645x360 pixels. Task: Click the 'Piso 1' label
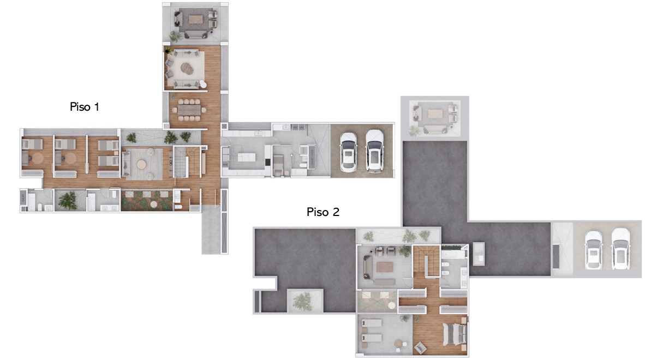tap(85, 107)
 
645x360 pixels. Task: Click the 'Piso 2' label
tap(323, 212)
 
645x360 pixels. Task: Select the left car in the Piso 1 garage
tap(348, 152)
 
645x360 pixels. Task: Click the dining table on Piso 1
tap(189, 110)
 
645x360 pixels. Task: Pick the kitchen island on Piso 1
tap(247, 157)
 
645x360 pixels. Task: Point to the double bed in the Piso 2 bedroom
tap(454, 334)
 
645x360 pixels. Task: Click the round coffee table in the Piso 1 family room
tap(142, 164)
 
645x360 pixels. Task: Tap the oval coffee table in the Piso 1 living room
tap(187, 68)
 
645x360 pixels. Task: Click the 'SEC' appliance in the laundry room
tap(295, 128)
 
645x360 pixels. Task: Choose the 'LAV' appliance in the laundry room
tap(302, 128)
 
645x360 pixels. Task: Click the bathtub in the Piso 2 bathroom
tap(452, 255)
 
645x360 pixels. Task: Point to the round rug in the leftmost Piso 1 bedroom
tap(38, 158)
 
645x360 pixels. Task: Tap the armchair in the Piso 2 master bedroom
tap(420, 348)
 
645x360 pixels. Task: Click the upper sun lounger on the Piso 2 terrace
tap(371, 323)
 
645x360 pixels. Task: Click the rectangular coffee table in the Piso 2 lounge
tap(385, 267)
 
